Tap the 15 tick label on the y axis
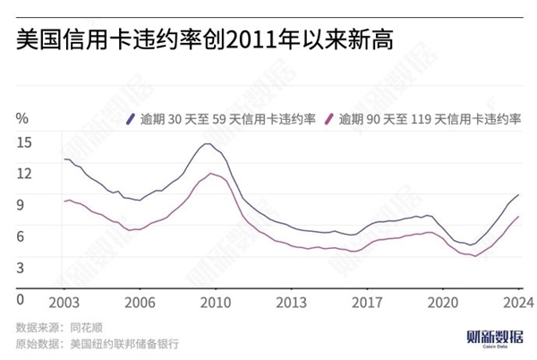pos(23,141)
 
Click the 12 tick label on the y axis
pos(23,172)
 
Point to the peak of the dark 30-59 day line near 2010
pos(207,143)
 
